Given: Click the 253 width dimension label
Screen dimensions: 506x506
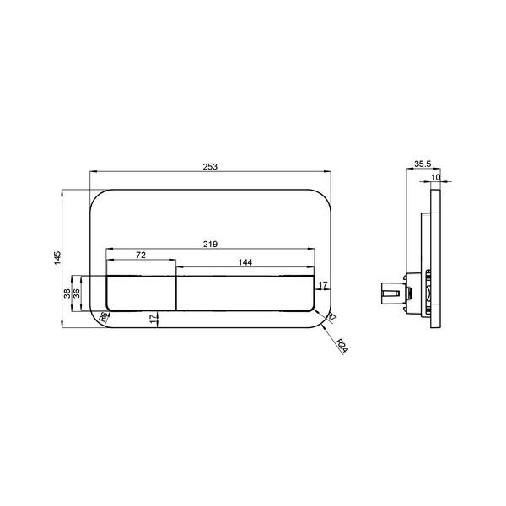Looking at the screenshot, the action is coord(210,166).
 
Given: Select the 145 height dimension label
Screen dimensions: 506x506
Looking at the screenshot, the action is coord(57,258).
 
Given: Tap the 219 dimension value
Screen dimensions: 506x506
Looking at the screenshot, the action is coord(210,245).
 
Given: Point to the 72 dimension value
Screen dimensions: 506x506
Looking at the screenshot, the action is coord(141,255).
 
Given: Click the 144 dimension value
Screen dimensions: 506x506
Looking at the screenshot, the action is coord(245,262).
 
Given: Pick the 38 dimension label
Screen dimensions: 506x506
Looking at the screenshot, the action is coord(67,293).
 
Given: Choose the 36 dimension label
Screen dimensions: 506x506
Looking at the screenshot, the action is coord(77,293).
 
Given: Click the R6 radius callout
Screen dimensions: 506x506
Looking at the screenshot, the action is coord(104,316).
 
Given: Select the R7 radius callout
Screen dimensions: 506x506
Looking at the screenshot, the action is coord(331,316).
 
